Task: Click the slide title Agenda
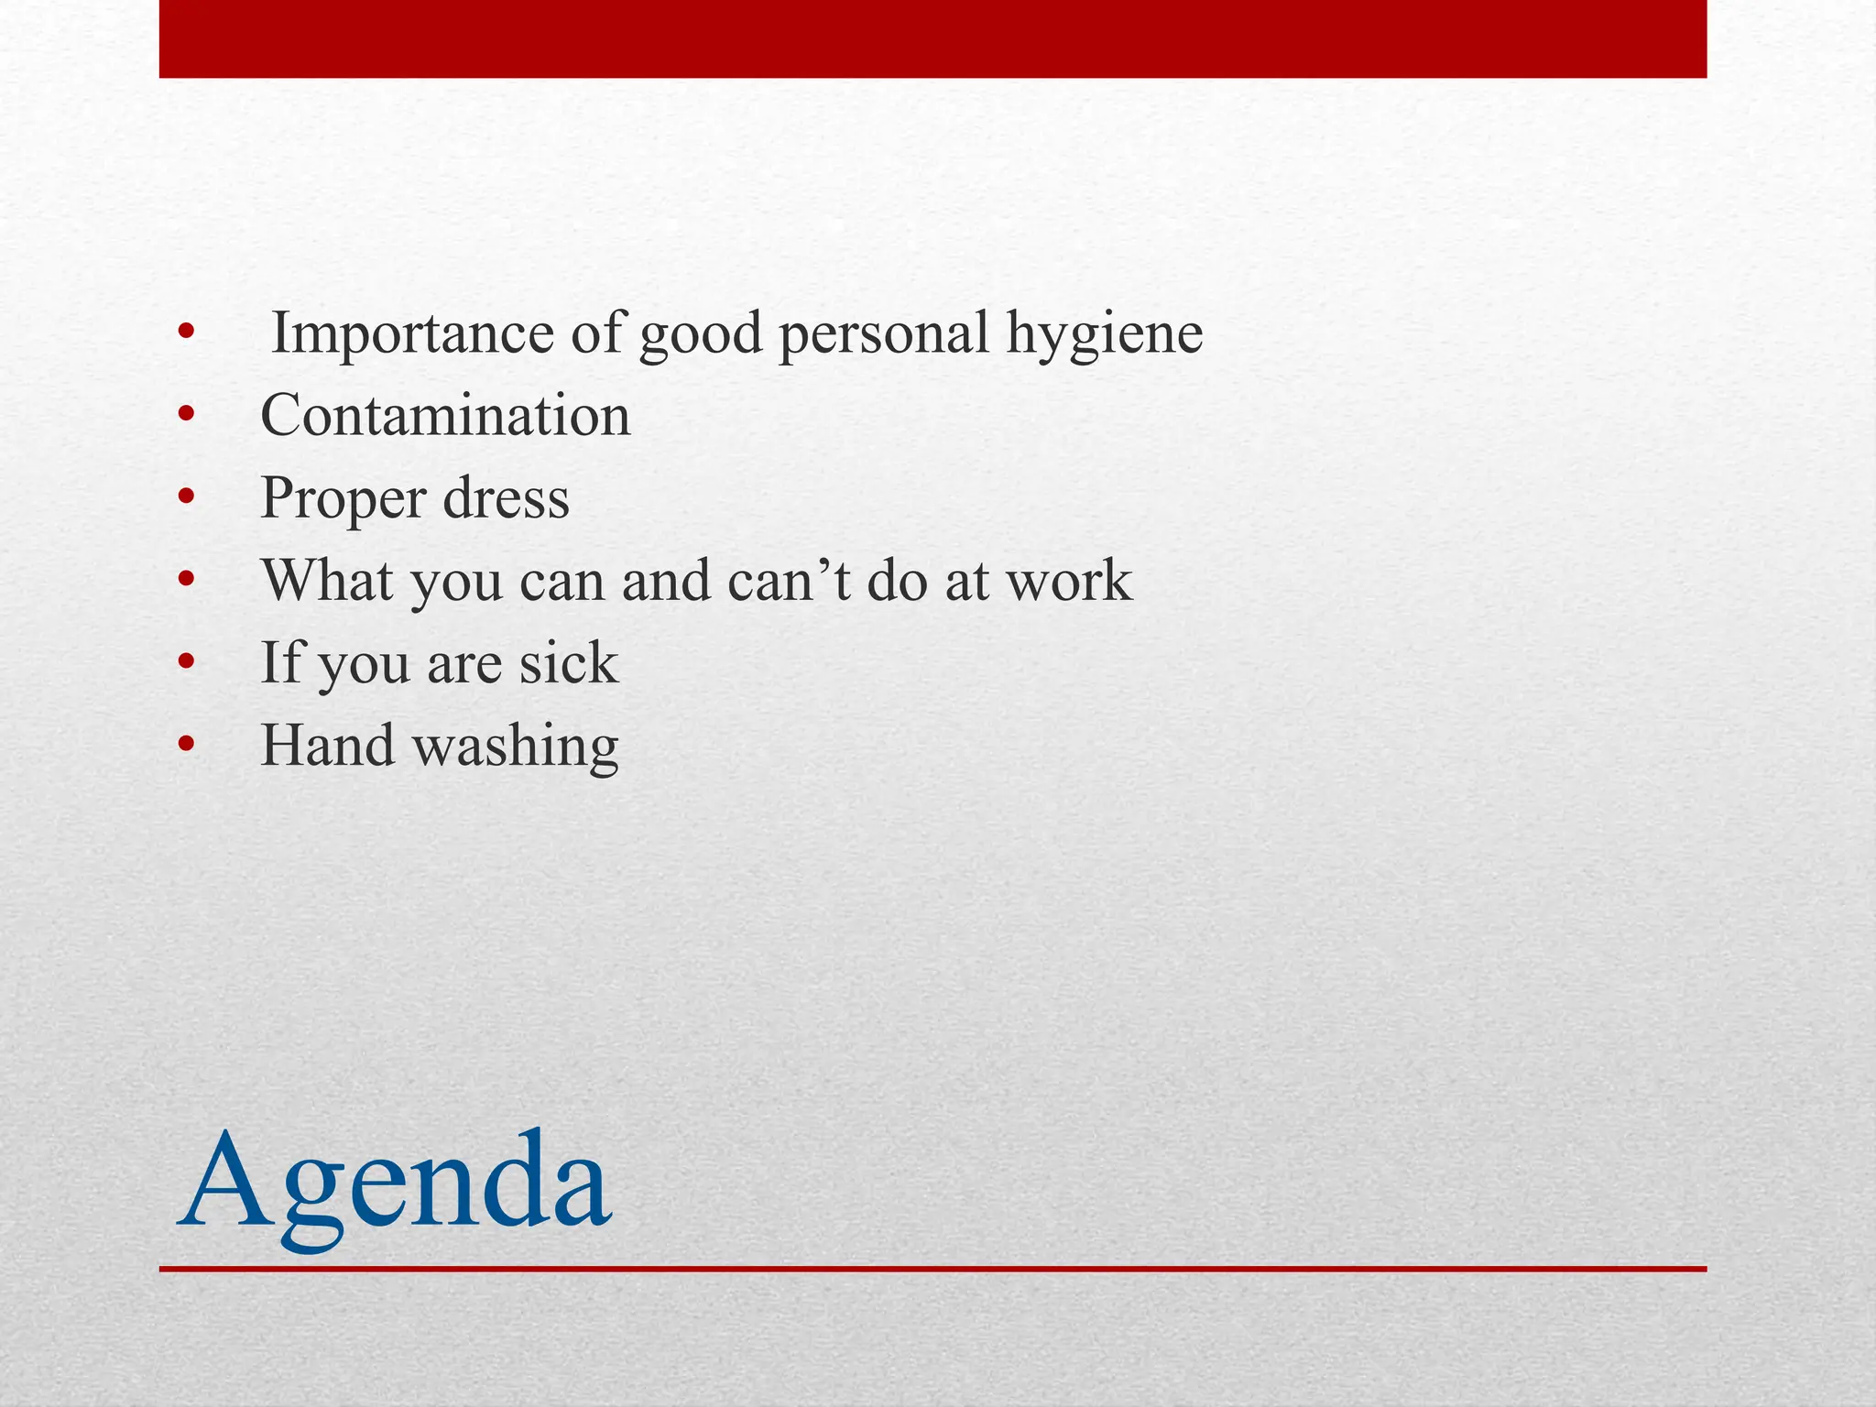click(395, 1183)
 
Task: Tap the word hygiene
click(1105, 334)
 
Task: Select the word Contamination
click(446, 416)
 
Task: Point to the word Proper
click(344, 500)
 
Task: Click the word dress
click(506, 498)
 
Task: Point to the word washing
click(516, 747)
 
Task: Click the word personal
click(884, 334)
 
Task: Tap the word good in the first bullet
click(701, 334)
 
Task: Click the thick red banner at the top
click(933, 38)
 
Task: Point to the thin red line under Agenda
click(933, 1269)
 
